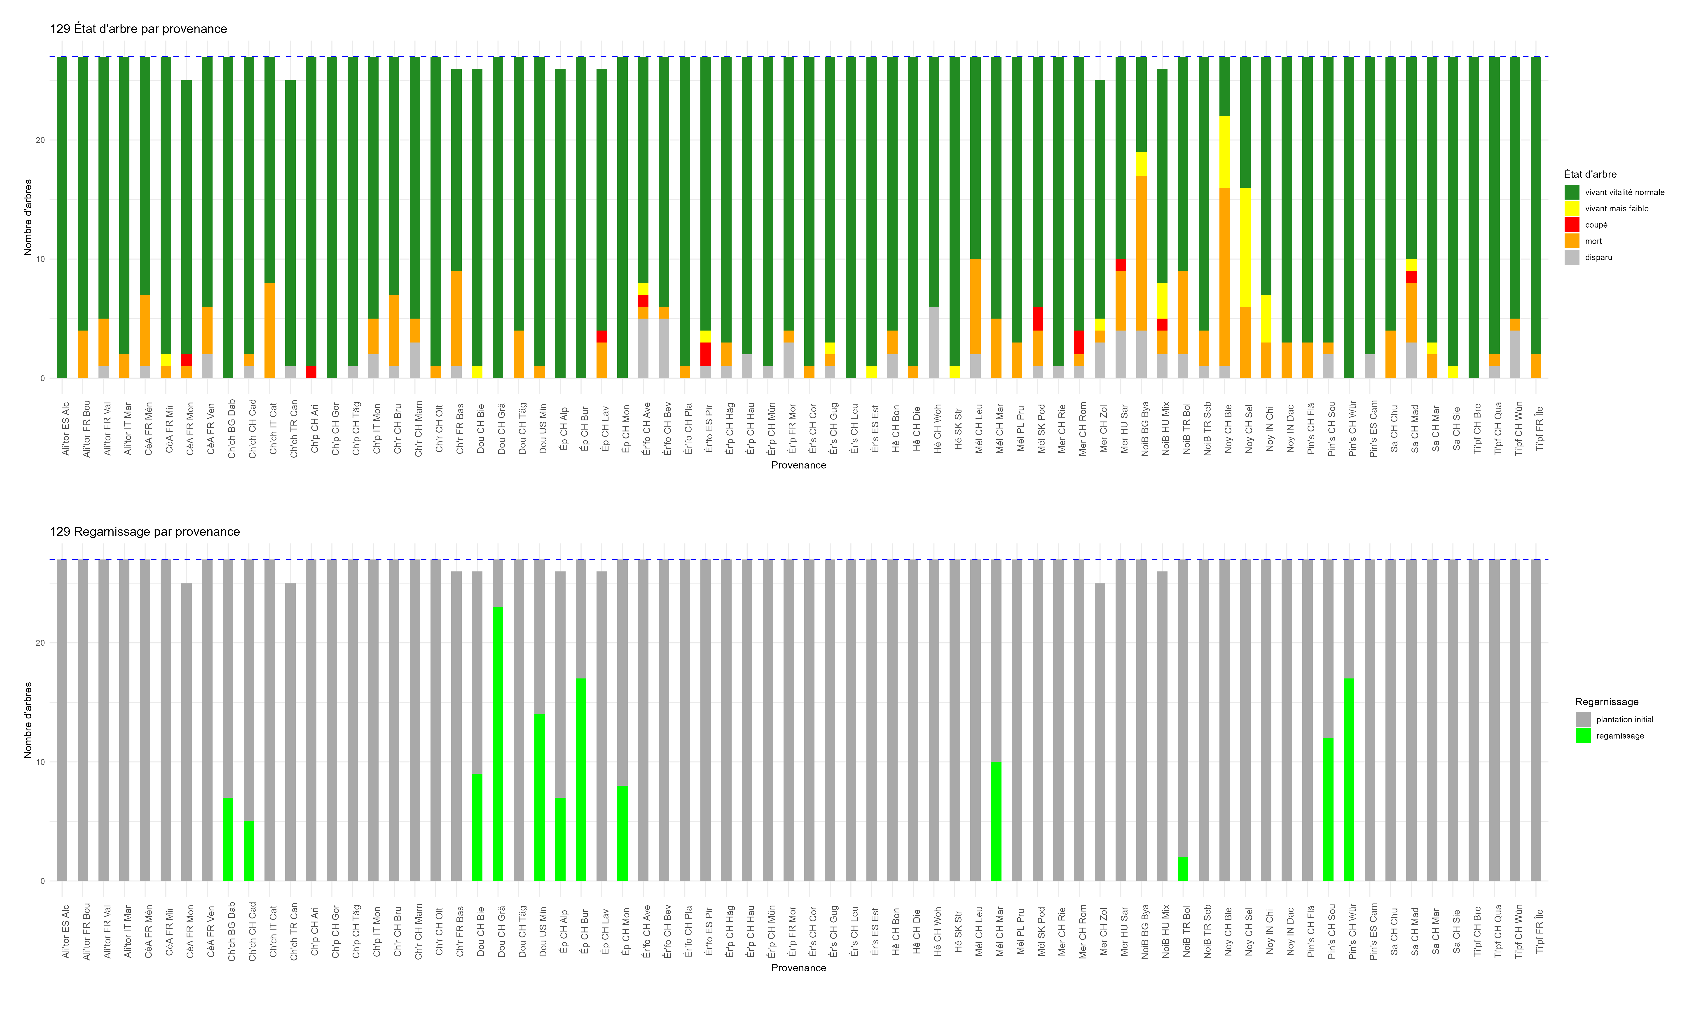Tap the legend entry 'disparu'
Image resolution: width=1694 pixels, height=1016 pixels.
(x=1598, y=257)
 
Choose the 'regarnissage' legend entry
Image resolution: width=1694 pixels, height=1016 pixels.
(x=1619, y=736)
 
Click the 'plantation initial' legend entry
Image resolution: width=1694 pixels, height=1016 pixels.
(x=1624, y=720)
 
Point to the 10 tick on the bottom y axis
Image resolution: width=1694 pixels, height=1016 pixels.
(x=40, y=762)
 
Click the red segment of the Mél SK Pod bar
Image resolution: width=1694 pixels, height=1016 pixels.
(x=1038, y=318)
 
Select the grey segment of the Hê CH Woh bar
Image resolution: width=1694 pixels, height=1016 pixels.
(x=934, y=342)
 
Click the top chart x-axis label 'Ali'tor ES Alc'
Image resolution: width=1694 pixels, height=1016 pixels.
(x=66, y=429)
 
